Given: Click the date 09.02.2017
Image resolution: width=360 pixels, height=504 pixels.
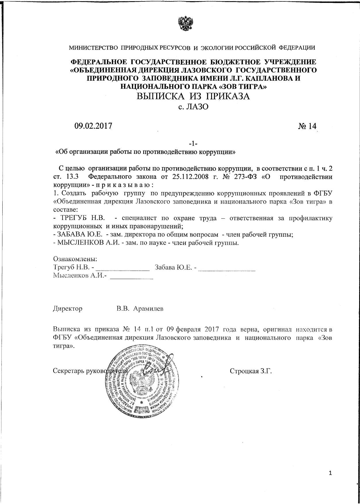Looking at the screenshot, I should point(93,126).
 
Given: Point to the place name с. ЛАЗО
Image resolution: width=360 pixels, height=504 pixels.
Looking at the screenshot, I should point(193,107).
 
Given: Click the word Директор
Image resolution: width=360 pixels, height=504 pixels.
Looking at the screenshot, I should point(68,309).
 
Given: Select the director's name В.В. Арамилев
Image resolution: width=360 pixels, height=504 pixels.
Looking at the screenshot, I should point(140,309).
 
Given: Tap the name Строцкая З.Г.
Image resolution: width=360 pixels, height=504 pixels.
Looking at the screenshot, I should point(251,371).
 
